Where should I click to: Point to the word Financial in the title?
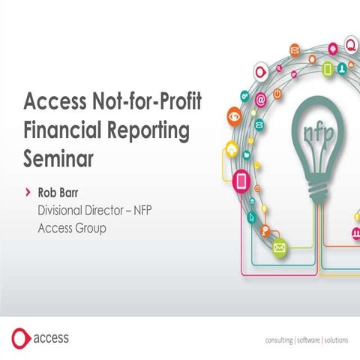coord(64,129)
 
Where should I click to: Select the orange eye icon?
coord(235,116)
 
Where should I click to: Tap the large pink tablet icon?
coord(241,181)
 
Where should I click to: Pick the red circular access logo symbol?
coord(22,338)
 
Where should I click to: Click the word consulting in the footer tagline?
coord(283,340)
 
